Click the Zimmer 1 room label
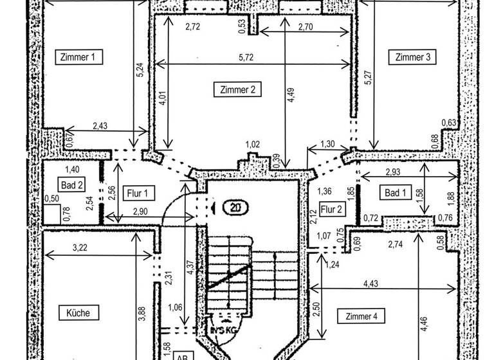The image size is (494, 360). [77, 57]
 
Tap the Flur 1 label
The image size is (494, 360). [137, 192]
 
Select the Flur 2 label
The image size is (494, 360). [332, 210]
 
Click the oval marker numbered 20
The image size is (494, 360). [234, 207]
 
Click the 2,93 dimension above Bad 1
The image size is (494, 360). [393, 173]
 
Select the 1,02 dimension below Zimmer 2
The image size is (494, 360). [253, 145]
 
